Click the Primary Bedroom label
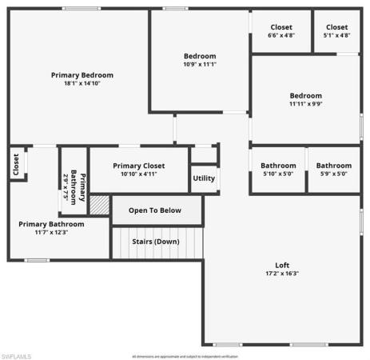point(82,74)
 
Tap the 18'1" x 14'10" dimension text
point(82,83)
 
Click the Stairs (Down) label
point(156,241)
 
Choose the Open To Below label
point(155,210)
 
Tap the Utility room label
point(204,178)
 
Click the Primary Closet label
point(138,166)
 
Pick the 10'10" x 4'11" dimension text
point(138,174)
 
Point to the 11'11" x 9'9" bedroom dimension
point(306,104)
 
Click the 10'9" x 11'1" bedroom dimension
point(200,64)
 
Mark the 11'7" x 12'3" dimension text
point(51,233)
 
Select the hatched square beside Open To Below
point(98,205)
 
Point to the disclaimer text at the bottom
point(185,356)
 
